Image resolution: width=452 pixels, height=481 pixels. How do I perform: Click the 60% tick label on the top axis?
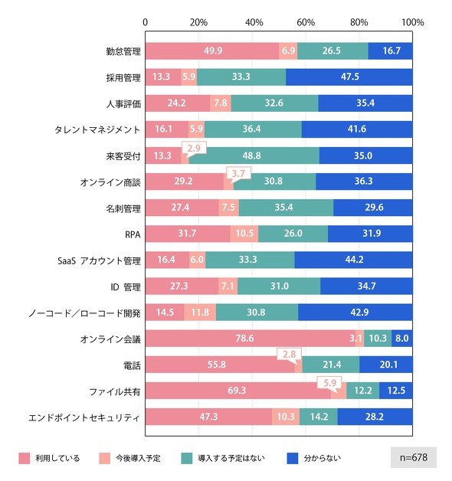point(306,22)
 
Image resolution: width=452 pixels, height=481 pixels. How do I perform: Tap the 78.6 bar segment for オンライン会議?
point(251,339)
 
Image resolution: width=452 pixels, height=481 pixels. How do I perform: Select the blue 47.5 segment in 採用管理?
point(349,77)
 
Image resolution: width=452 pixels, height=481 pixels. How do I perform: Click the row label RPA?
point(133,234)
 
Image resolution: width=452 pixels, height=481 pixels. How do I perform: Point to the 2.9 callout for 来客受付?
point(194,149)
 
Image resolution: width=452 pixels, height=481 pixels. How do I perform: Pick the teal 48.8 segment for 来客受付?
point(254,155)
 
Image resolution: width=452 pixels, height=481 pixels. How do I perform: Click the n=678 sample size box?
point(414,457)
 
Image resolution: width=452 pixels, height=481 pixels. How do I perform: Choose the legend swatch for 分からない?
point(293,458)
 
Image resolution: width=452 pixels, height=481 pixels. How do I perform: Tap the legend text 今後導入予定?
point(138,458)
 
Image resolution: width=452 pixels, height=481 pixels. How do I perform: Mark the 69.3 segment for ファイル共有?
point(238,391)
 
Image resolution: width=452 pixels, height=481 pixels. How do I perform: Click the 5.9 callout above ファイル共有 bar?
point(330,384)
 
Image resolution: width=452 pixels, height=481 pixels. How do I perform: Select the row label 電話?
point(132,365)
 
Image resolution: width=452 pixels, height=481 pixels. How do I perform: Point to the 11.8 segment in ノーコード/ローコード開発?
point(200,312)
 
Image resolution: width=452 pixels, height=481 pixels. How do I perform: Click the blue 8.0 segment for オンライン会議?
point(402,339)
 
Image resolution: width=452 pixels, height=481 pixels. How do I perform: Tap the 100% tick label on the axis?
point(413,22)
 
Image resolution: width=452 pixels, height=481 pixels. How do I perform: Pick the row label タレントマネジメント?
point(97,129)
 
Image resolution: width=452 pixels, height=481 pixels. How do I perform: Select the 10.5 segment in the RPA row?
point(244,234)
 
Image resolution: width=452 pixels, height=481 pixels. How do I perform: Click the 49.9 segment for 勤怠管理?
point(212,51)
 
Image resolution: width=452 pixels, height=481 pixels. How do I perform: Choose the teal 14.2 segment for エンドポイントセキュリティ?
point(319,417)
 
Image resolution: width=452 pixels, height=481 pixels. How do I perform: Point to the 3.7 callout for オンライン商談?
point(238,174)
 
